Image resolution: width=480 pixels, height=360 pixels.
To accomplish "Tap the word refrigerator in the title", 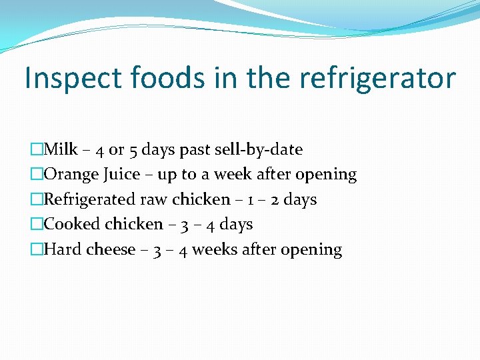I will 377,79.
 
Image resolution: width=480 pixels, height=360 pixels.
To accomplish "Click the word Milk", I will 61,149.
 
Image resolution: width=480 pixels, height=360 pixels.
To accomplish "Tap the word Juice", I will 121,175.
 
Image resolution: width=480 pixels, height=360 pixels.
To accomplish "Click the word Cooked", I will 69,225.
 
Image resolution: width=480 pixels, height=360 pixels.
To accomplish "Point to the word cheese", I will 111,250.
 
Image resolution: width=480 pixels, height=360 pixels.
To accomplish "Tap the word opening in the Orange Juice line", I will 326,175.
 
